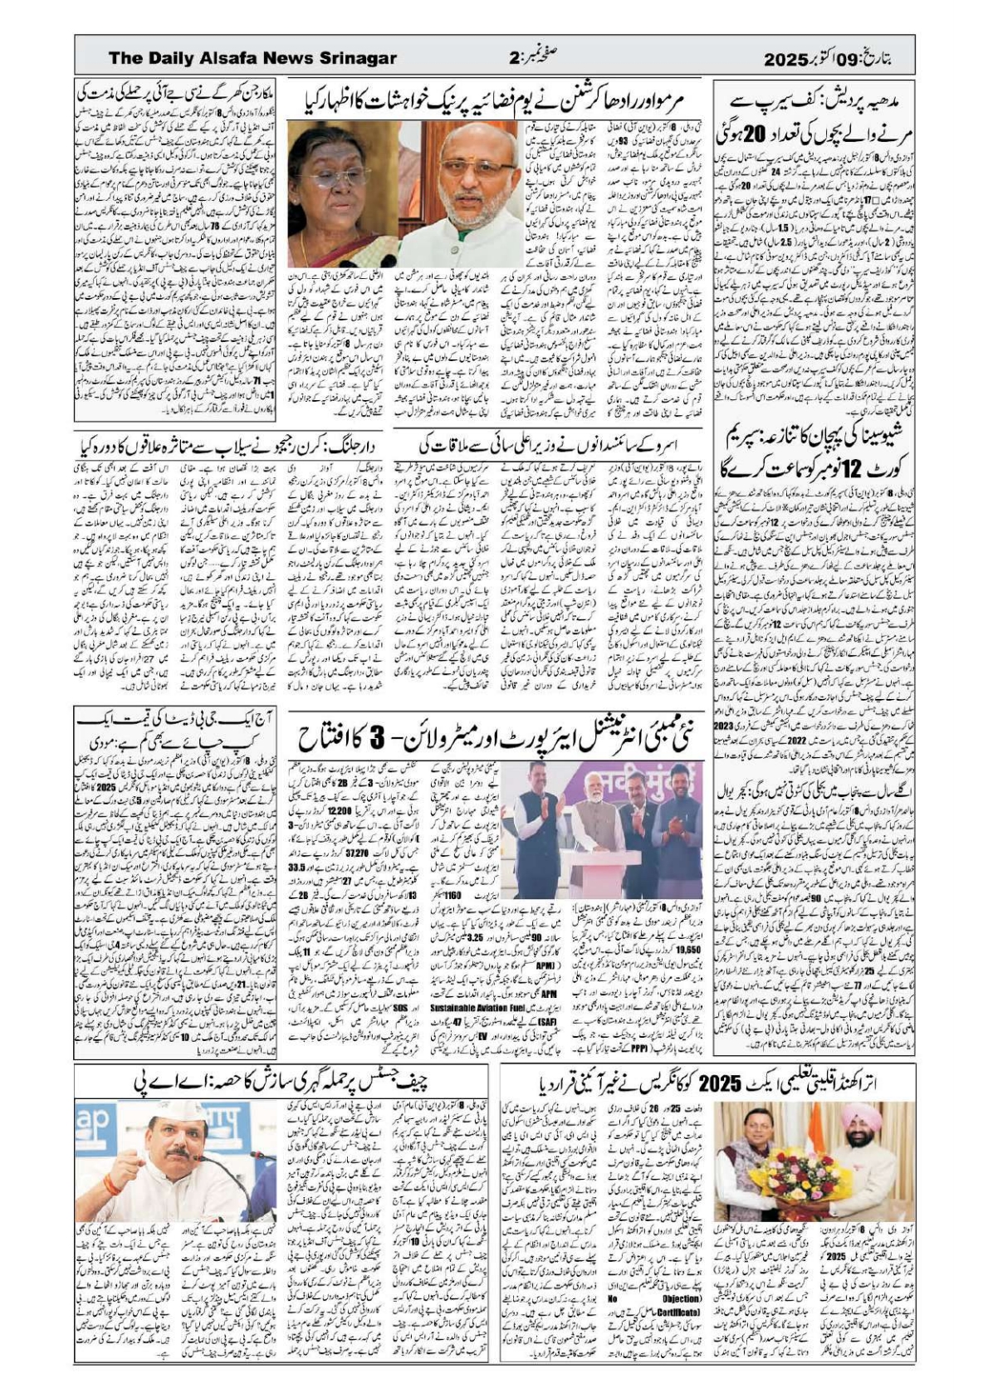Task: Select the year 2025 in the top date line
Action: pos(785,59)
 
